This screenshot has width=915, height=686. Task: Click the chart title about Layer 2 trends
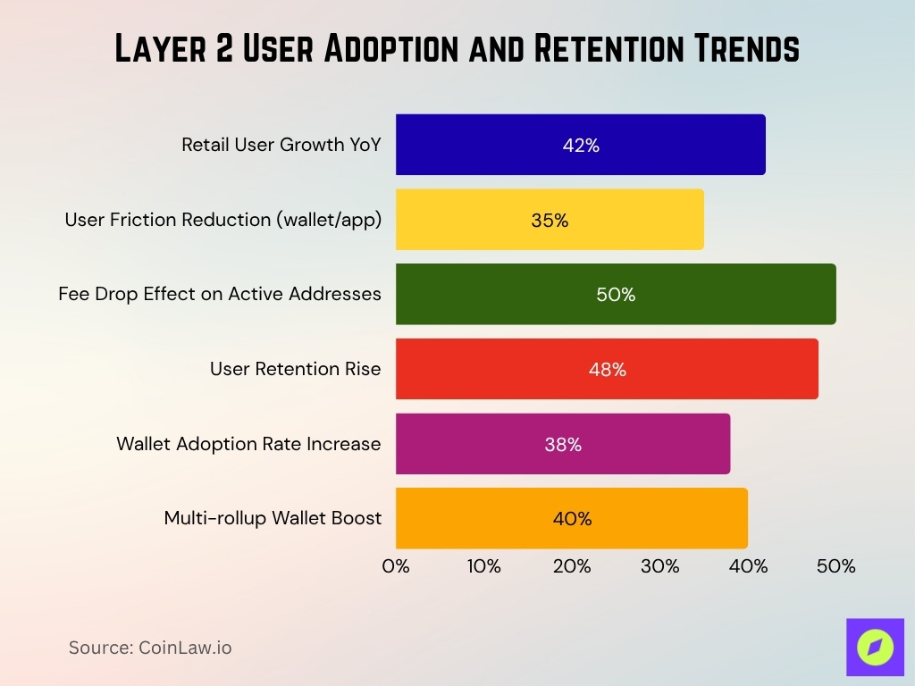(457, 49)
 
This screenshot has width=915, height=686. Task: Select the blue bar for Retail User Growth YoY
(580, 145)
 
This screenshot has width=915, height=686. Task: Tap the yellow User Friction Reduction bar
(550, 220)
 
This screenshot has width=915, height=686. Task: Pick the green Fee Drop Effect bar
(616, 295)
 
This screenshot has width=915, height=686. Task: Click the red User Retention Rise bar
(607, 369)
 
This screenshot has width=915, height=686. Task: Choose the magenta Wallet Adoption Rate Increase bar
(563, 444)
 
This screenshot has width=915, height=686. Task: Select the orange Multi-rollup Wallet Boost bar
(572, 518)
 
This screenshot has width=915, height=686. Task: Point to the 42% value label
(581, 146)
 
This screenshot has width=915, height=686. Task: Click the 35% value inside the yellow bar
(550, 221)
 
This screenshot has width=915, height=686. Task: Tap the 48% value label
(608, 370)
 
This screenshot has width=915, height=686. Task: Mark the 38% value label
(563, 445)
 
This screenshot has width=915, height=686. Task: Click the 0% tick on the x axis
(396, 566)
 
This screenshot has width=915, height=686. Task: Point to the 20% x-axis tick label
(572, 566)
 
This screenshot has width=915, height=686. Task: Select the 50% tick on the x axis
(836, 566)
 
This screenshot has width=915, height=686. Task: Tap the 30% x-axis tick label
(659, 566)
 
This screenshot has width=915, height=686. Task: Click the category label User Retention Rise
(295, 369)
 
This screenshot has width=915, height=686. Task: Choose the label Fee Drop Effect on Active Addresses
(220, 294)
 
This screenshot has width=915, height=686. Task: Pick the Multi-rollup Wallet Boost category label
(273, 518)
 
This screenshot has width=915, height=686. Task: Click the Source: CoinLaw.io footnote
(150, 648)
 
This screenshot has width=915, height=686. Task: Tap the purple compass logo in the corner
(875, 647)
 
